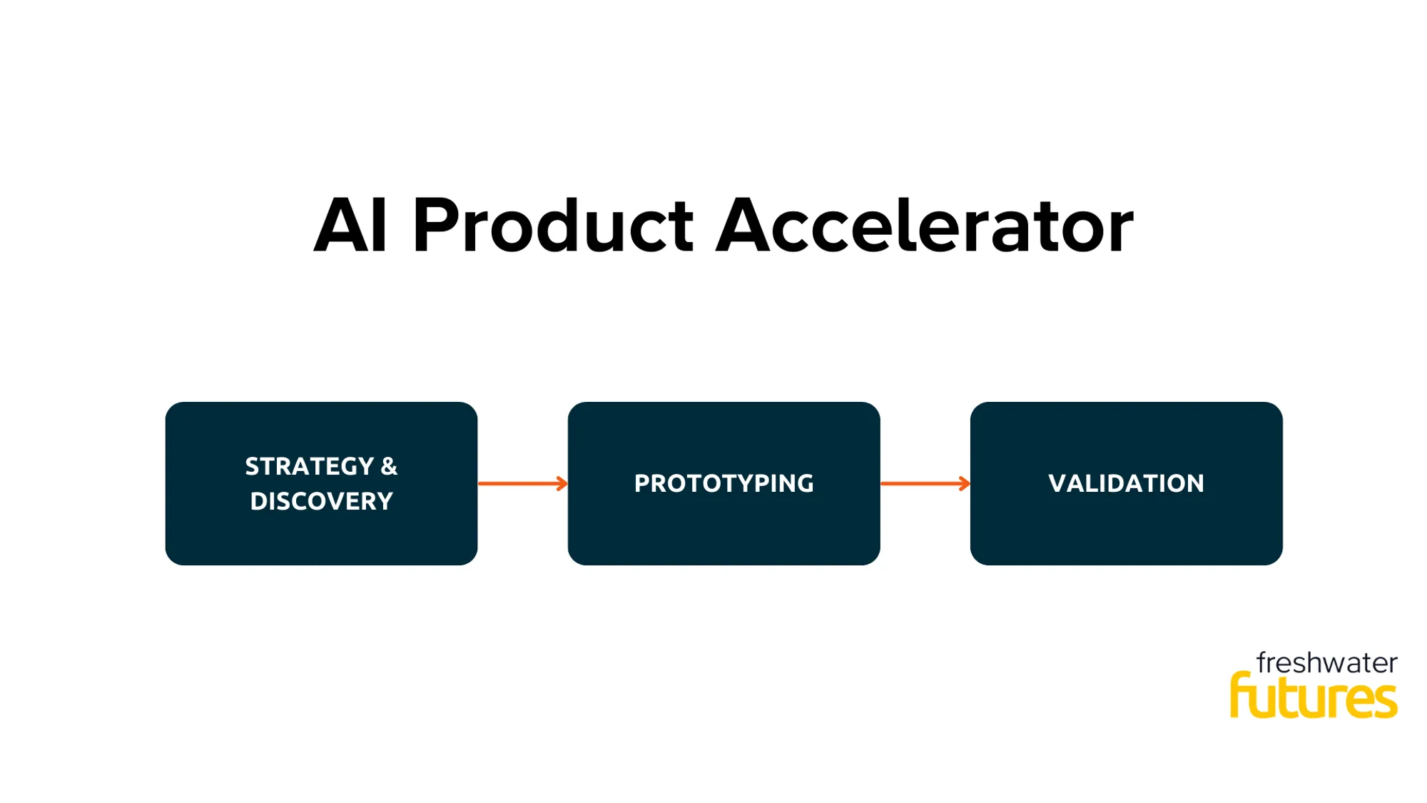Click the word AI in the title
click(x=350, y=226)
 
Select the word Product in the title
click(x=552, y=226)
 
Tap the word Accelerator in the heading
click(x=924, y=226)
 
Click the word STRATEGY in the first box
click(x=309, y=467)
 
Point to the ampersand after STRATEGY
click(x=389, y=467)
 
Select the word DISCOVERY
click(x=321, y=502)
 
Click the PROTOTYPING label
click(x=723, y=484)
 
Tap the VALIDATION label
click(x=1126, y=484)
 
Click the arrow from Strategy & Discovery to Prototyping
click(x=522, y=484)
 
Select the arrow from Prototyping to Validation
click(x=925, y=484)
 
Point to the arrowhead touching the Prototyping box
click(x=562, y=484)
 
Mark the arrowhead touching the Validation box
click(x=965, y=484)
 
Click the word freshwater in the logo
click(x=1326, y=663)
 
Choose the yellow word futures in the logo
click(x=1314, y=697)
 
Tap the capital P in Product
click(x=435, y=226)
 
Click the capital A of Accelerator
click(x=743, y=226)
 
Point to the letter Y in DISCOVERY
click(x=385, y=502)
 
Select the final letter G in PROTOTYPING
click(x=805, y=484)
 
